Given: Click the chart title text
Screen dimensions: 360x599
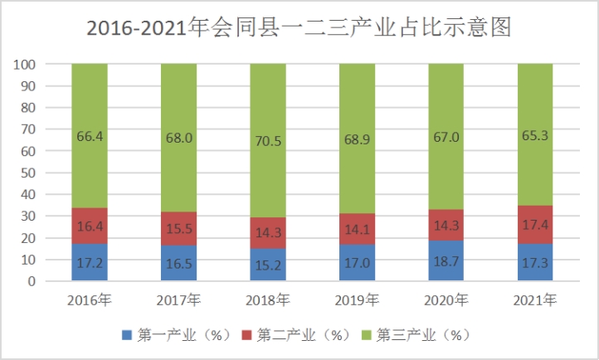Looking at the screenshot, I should (x=299, y=28).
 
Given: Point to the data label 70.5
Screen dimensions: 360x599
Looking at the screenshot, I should (x=268, y=140).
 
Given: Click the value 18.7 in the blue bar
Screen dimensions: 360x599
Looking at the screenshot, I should (x=446, y=260).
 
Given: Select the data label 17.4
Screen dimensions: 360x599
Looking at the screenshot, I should (x=535, y=225).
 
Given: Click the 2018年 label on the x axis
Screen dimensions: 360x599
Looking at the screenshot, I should (x=268, y=299).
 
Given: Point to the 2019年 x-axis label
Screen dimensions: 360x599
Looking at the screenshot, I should (x=357, y=299).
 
